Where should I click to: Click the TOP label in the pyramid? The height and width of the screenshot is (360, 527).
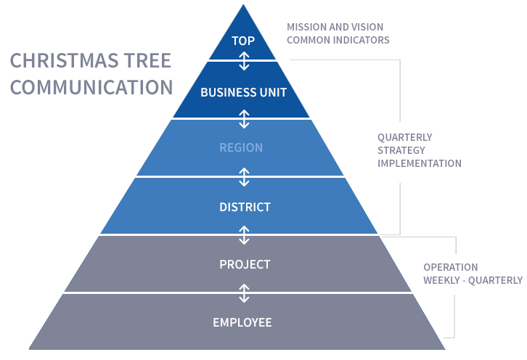(243, 41)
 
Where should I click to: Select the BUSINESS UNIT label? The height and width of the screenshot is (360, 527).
(244, 92)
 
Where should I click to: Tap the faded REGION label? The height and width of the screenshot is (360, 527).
(241, 147)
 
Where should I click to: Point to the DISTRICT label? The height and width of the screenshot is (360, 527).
(245, 207)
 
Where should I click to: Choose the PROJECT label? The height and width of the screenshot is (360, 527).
(245, 264)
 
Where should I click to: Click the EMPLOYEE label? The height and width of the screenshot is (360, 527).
(242, 322)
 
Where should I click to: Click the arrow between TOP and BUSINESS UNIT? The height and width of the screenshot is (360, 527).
(244, 61)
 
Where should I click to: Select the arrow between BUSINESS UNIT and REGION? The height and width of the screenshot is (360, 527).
(244, 119)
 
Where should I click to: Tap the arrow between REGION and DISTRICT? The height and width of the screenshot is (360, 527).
(244, 177)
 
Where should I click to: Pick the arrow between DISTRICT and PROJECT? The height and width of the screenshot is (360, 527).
(244, 235)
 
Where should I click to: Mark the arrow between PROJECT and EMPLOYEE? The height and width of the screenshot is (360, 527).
(244, 293)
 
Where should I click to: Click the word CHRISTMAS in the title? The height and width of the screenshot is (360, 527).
(65, 60)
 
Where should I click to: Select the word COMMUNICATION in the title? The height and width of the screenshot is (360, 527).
(91, 87)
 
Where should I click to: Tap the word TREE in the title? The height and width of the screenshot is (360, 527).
(148, 60)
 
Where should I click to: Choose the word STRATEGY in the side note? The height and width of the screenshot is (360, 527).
(401, 150)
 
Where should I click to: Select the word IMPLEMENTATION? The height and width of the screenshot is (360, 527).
(420, 163)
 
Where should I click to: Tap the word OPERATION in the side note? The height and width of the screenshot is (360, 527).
(451, 267)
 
